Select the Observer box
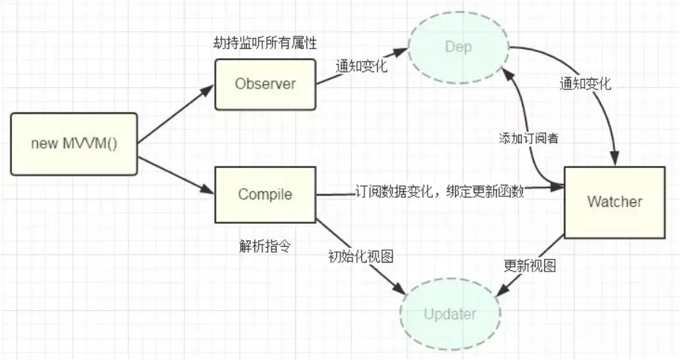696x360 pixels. pyautogui.click(x=265, y=83)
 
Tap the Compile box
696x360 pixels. pyautogui.click(x=265, y=195)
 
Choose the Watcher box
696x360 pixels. pyautogui.click(x=614, y=202)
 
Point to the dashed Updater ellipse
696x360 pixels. pyautogui.click(x=450, y=313)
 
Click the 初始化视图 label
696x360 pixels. pyautogui.click(x=361, y=256)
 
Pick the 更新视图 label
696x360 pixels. pyautogui.click(x=529, y=266)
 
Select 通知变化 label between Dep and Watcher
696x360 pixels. pyautogui.click(x=585, y=83)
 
